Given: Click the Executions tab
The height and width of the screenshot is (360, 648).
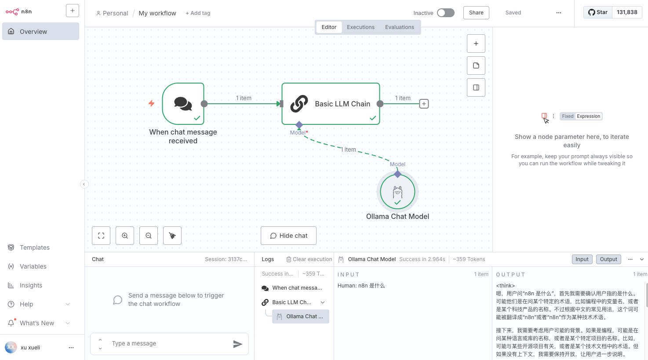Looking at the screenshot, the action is click(x=360, y=27).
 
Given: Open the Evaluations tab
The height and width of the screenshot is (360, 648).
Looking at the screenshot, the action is click(x=399, y=27).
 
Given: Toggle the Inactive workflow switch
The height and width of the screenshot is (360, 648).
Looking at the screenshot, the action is click(x=445, y=13).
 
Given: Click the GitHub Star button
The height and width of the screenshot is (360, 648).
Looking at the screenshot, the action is click(x=598, y=12).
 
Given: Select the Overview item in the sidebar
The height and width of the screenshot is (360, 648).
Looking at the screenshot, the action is click(x=40, y=31).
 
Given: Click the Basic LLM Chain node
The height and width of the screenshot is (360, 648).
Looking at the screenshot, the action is click(x=331, y=104).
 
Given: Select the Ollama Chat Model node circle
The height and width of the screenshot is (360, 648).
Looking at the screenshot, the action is click(x=397, y=192).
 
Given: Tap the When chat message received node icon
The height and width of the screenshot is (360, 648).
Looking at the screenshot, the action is click(x=183, y=104).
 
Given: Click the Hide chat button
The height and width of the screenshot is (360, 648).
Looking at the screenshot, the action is click(x=288, y=236).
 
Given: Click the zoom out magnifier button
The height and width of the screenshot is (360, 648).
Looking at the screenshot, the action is click(x=149, y=236).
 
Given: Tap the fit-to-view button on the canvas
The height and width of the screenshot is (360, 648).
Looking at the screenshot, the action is click(x=101, y=236).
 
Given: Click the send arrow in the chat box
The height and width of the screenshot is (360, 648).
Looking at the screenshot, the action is click(x=237, y=344).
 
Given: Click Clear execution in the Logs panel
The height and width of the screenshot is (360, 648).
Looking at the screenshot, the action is click(x=309, y=259).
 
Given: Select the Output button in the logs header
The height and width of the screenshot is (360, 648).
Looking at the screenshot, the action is click(x=608, y=259).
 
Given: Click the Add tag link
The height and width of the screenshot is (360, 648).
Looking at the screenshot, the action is click(x=198, y=13).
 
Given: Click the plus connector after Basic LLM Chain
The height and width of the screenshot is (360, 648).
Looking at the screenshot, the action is click(x=424, y=104).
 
